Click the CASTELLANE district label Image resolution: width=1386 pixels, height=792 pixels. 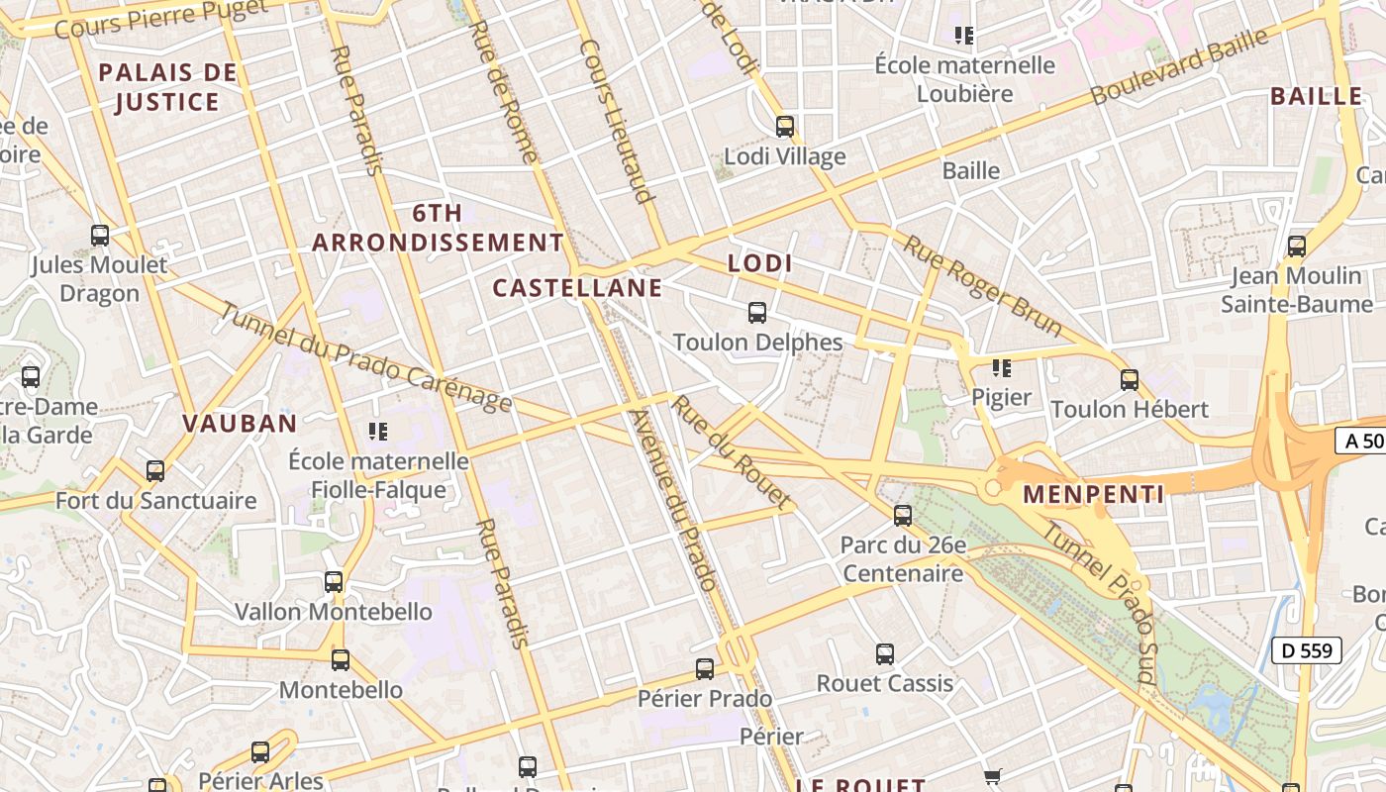[x=577, y=288]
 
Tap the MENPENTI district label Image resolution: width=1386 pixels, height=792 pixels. [x=1093, y=494]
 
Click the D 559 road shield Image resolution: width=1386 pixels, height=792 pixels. [x=1306, y=650]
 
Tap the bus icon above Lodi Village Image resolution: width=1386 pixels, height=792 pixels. [x=785, y=127]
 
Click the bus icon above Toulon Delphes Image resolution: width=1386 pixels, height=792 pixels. [x=757, y=313]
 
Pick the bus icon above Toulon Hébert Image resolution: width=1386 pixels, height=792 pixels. [x=1130, y=379]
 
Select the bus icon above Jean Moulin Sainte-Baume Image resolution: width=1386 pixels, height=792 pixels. [x=1297, y=247]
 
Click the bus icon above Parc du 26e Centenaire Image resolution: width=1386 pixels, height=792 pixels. [x=903, y=515]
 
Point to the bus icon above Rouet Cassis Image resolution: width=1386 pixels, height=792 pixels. [x=885, y=654]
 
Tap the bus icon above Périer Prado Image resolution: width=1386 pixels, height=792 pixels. [x=705, y=669]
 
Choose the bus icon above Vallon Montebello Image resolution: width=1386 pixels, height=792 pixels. [x=334, y=582]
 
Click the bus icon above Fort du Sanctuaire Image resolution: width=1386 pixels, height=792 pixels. [x=155, y=471]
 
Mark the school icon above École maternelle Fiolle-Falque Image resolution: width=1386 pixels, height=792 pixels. [x=377, y=432]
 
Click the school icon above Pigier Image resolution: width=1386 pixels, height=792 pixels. [x=1001, y=368]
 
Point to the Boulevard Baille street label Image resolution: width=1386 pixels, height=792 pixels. [x=1179, y=66]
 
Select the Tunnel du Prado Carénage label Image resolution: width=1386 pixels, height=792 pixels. [x=365, y=356]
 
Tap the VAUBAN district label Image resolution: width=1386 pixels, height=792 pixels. [x=240, y=424]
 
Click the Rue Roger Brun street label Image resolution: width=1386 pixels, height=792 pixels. [x=982, y=286]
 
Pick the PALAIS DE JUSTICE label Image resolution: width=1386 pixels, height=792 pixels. [x=168, y=87]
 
